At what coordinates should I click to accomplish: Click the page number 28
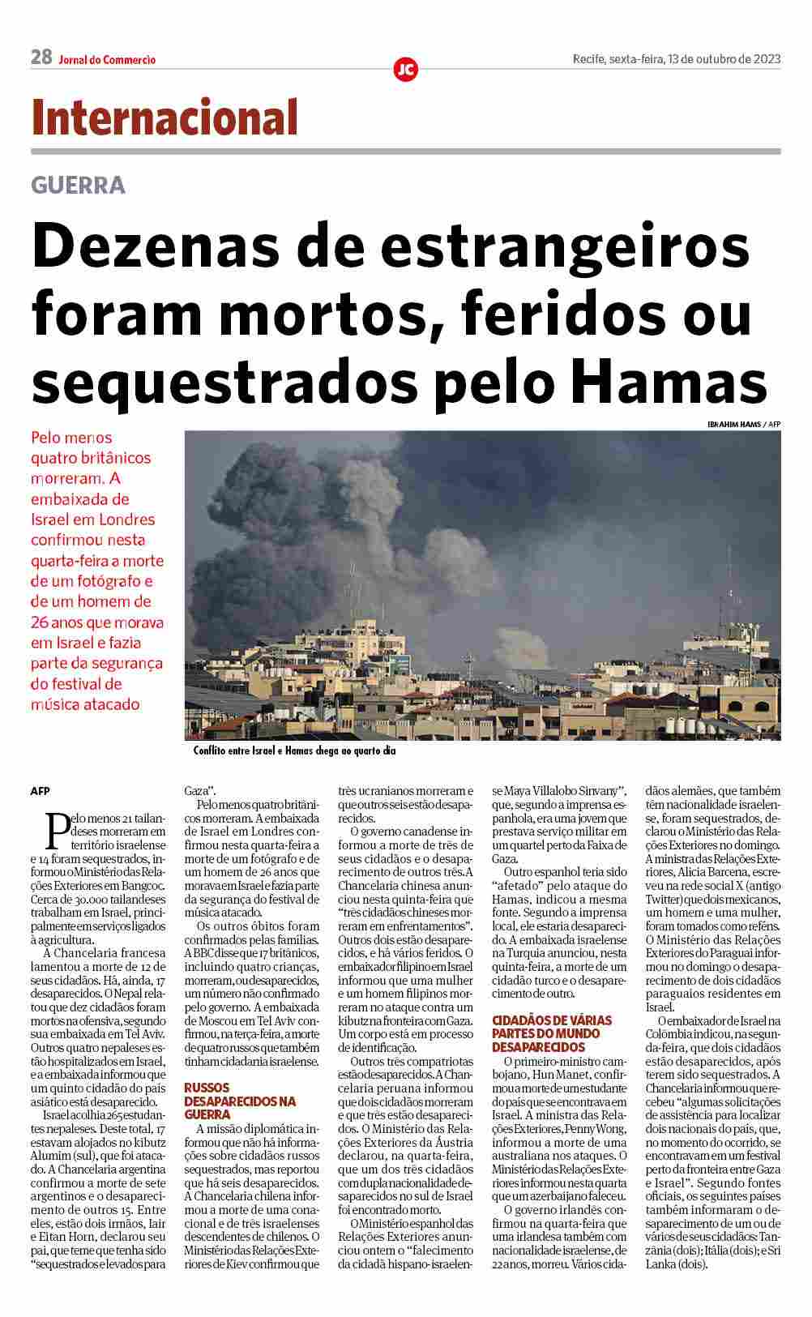(x=41, y=57)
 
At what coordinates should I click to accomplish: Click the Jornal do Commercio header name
(x=107, y=59)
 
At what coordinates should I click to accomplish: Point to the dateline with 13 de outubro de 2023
(x=676, y=58)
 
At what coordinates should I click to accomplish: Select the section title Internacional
(x=165, y=118)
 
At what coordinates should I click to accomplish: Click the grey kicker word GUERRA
(x=78, y=186)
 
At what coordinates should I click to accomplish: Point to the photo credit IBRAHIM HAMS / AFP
(x=743, y=423)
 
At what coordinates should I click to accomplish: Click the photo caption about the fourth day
(x=294, y=751)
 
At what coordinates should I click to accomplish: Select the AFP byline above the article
(x=41, y=790)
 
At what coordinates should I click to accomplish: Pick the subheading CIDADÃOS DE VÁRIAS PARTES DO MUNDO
(x=552, y=1033)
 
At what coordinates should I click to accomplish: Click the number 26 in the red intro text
(x=41, y=622)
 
